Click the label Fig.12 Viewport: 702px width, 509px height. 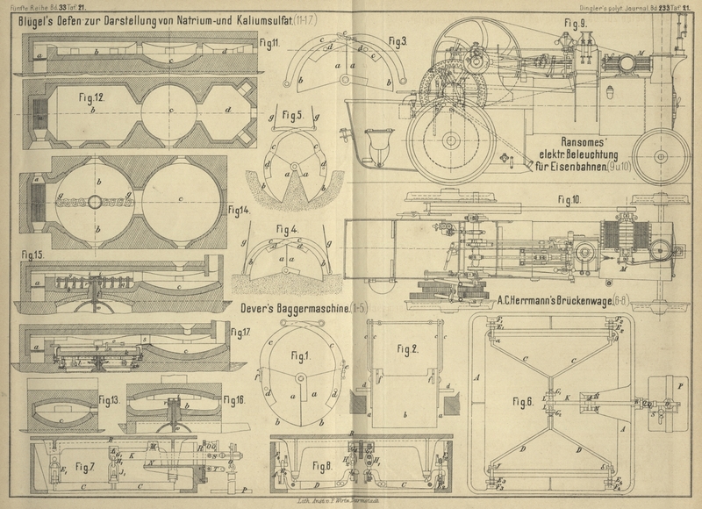click(90, 99)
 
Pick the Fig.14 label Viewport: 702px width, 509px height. click(239, 210)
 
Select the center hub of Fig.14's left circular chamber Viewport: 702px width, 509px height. click(95, 201)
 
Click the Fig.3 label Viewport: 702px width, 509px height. click(398, 41)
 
